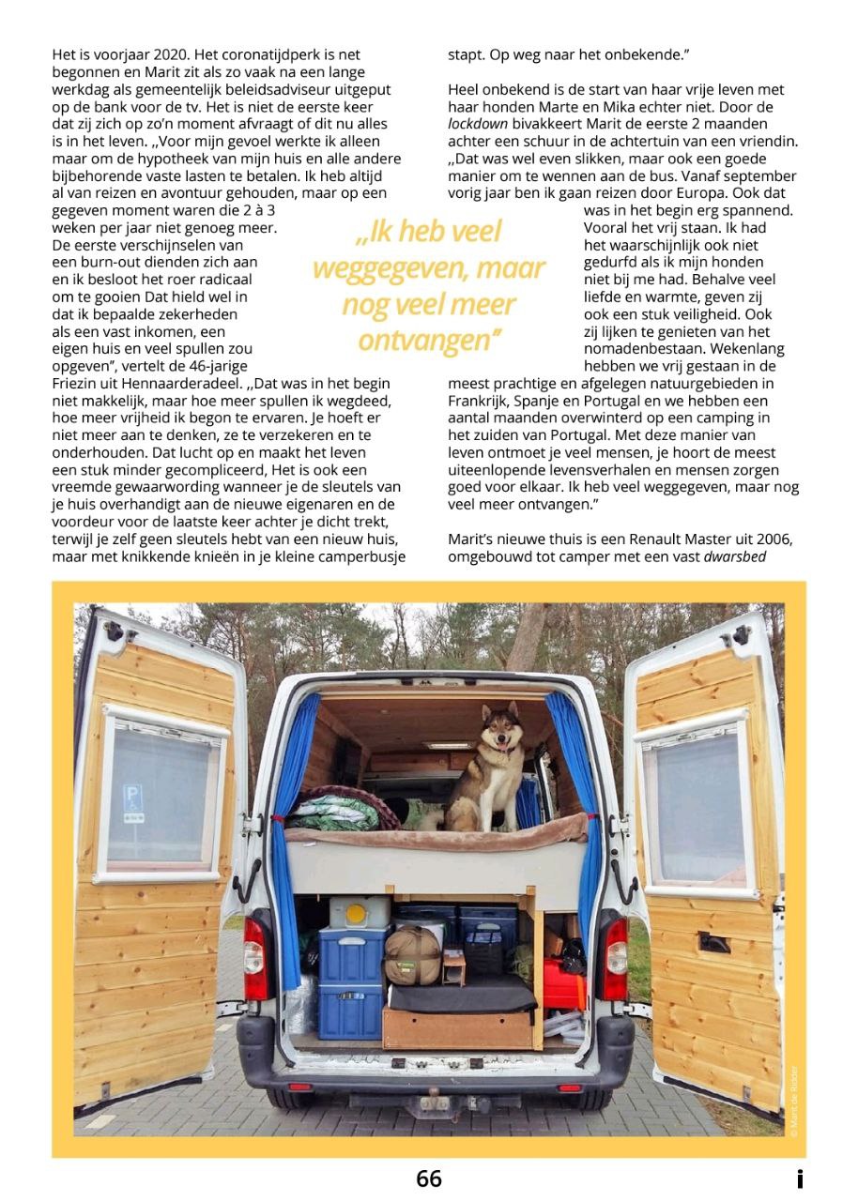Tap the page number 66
pos(429,1178)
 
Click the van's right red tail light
pos(615,957)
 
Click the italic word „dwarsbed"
pos(758,558)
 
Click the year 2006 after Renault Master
pos(771,540)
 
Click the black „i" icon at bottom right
pos(799,1178)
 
